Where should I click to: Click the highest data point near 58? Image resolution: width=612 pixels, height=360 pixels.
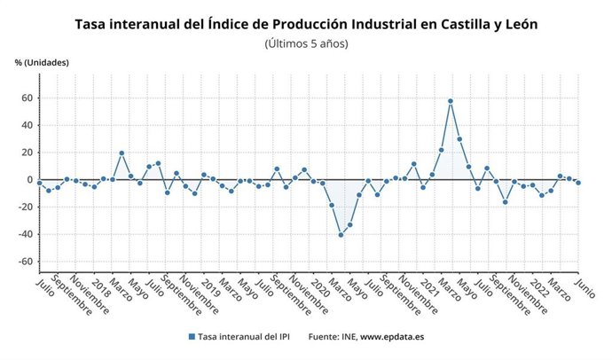(x=450, y=101)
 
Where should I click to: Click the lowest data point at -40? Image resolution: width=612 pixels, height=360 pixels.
(x=340, y=235)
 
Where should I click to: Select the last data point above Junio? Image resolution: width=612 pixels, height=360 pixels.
(x=578, y=183)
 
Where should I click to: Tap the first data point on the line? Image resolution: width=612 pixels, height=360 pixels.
(x=39, y=183)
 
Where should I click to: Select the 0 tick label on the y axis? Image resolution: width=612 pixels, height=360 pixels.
(x=28, y=180)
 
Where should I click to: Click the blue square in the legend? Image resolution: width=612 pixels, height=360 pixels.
(x=192, y=337)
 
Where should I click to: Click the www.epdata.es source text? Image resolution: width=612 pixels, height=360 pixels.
(x=394, y=337)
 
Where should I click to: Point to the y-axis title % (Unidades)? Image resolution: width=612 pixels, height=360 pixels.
(x=42, y=62)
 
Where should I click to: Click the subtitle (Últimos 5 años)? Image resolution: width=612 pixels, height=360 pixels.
(x=306, y=43)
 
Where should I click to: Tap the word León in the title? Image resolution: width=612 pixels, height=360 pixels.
(x=516, y=24)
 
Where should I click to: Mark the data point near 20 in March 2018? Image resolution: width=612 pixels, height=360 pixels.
(x=122, y=153)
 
